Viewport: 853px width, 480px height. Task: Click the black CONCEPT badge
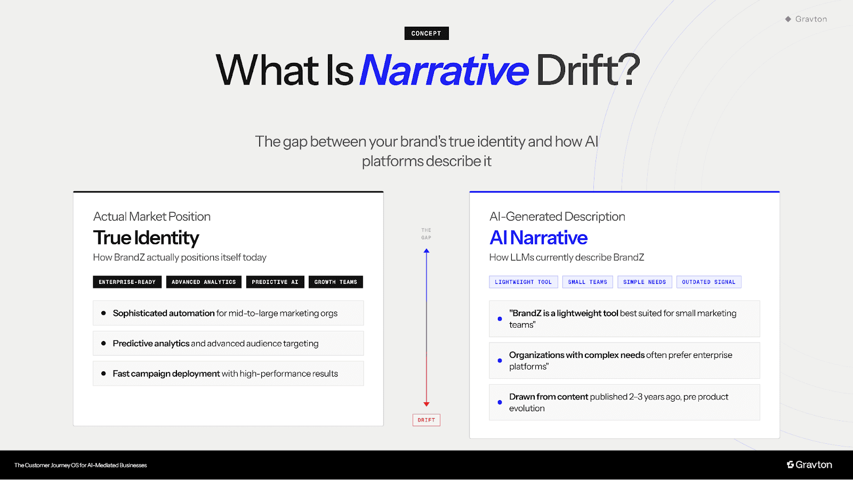click(426, 33)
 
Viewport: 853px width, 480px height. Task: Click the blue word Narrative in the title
click(444, 70)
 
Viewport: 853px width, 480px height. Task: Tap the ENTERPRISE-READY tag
click(127, 282)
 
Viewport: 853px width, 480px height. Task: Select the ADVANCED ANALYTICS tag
click(204, 282)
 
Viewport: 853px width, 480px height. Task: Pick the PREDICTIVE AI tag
click(275, 282)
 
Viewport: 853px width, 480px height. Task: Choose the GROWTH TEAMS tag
click(335, 282)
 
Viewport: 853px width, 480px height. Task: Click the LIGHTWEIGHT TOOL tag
click(523, 282)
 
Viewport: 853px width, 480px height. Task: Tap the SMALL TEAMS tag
click(588, 282)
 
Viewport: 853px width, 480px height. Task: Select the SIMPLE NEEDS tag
click(645, 282)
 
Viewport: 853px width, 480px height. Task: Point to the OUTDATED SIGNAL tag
click(709, 282)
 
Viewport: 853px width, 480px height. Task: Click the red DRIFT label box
click(426, 420)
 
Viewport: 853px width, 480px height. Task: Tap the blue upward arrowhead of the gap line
click(426, 250)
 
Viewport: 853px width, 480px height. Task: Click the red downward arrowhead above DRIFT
click(426, 404)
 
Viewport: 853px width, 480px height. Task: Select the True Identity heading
click(146, 238)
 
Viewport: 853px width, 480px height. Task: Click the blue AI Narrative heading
click(538, 238)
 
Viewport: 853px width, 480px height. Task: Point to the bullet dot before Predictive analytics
click(103, 344)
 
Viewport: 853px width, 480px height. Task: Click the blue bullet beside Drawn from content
click(500, 402)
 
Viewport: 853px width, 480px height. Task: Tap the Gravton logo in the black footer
click(809, 465)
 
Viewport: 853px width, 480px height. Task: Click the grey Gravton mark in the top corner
click(806, 19)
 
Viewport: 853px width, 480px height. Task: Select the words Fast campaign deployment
click(166, 373)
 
